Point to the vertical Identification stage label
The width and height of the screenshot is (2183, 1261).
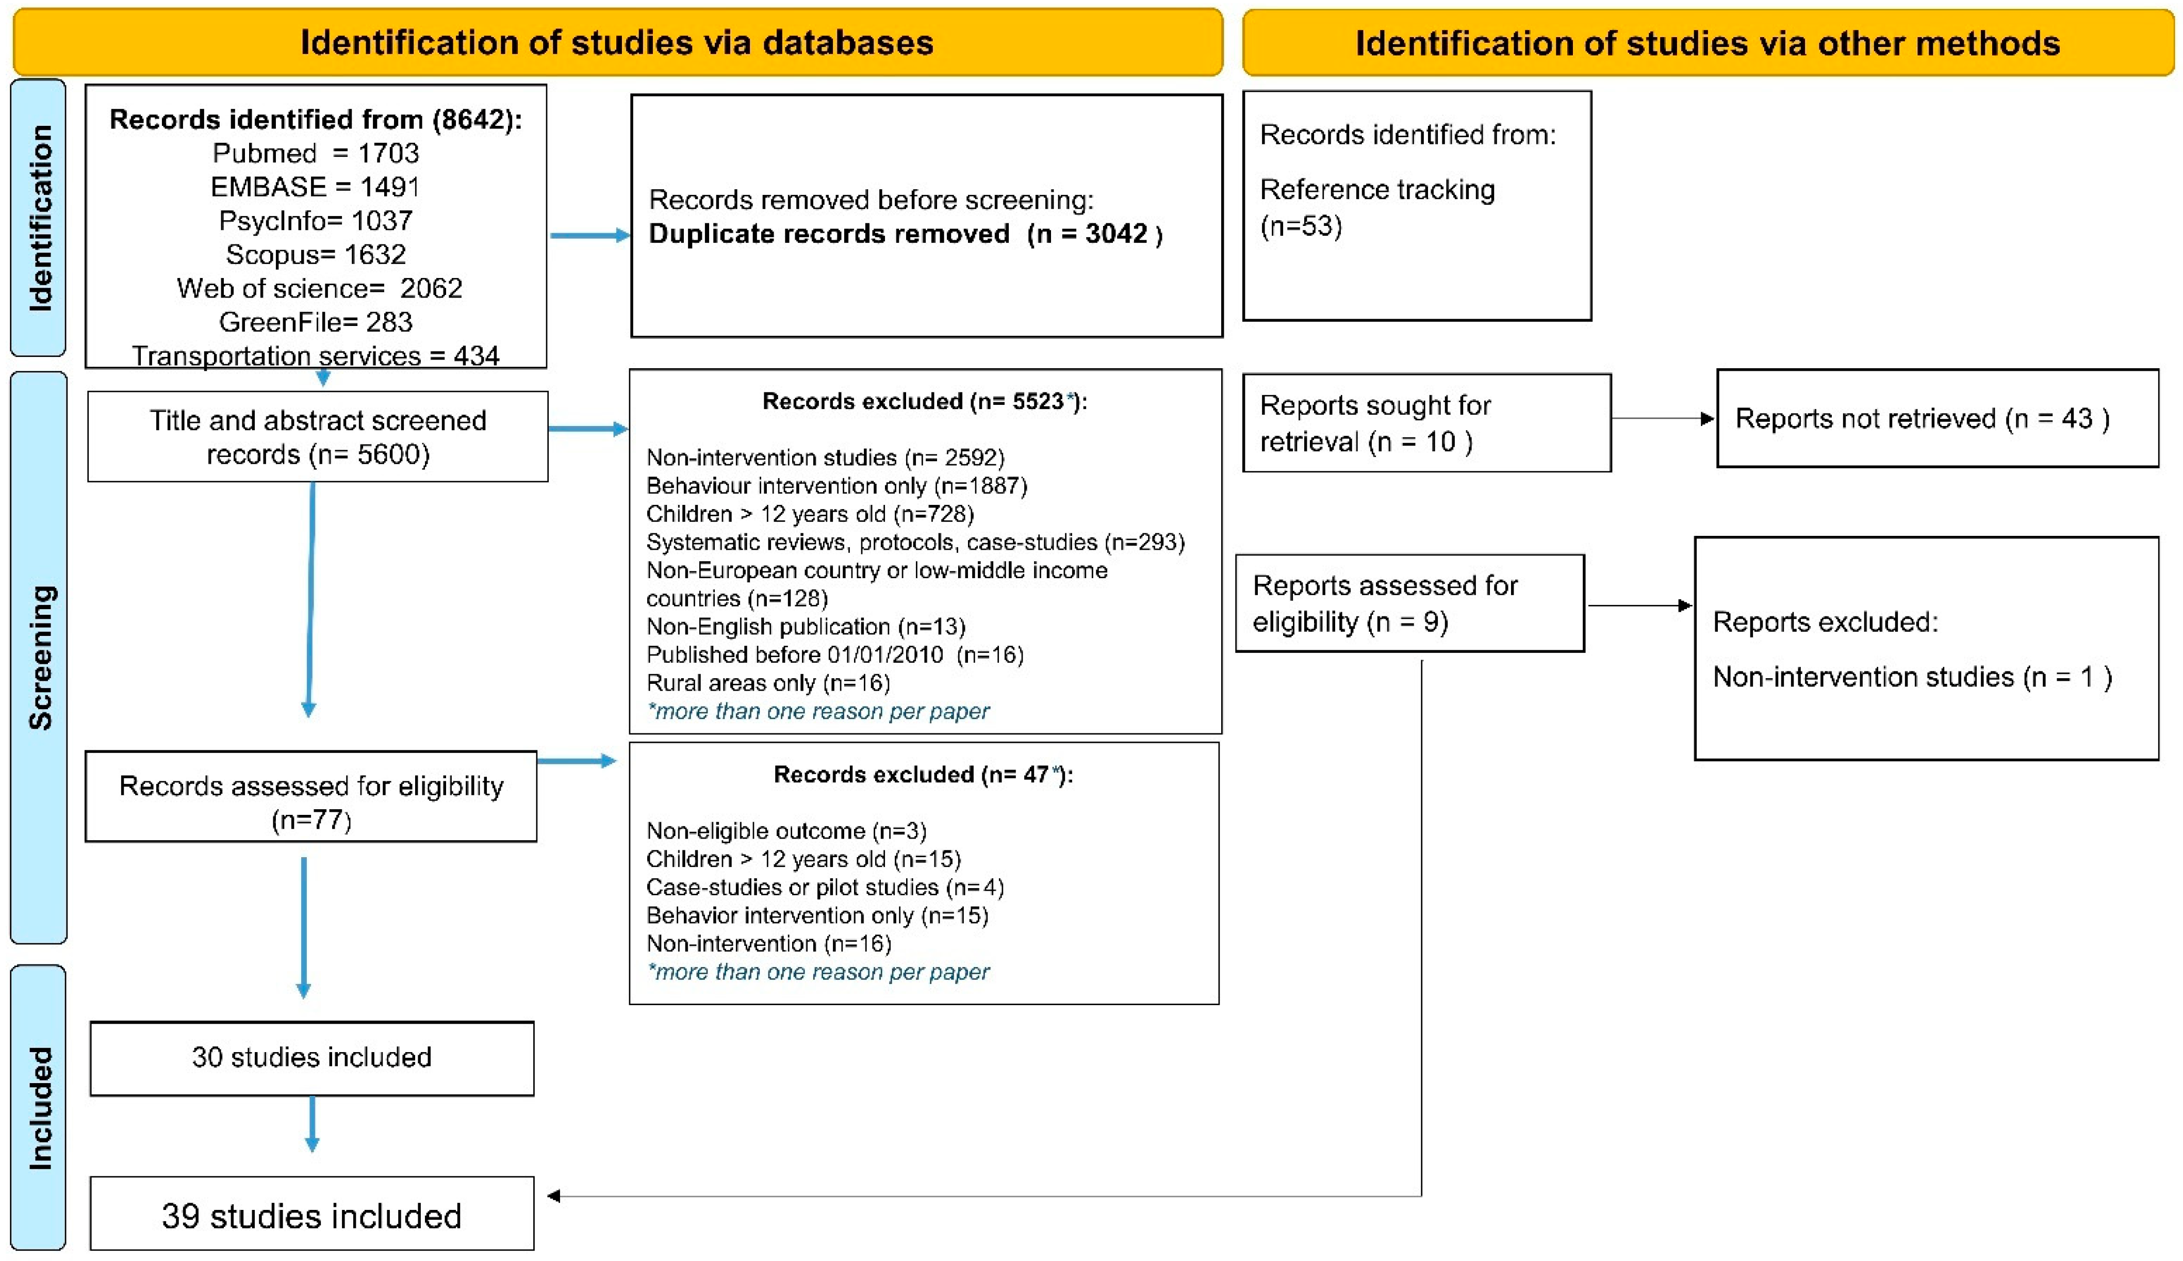tap(40, 217)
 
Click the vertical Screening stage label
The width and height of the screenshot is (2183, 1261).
tap(40, 658)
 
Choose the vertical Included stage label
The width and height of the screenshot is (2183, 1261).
tap(40, 1108)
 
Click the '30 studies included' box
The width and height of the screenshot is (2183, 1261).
tap(311, 1057)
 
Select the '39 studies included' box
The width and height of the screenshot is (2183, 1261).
tap(311, 1215)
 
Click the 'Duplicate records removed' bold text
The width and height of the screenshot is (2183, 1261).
tap(829, 234)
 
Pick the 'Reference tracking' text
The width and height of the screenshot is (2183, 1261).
tap(1377, 190)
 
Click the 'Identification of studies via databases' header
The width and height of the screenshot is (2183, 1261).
tap(617, 42)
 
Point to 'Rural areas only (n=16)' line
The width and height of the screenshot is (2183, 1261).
tap(768, 683)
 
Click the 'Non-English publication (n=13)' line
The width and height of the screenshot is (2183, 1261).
tap(806, 627)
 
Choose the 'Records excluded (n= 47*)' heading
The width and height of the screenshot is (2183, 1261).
tap(923, 774)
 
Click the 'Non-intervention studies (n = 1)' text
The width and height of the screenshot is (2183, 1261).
tap(1912, 677)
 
